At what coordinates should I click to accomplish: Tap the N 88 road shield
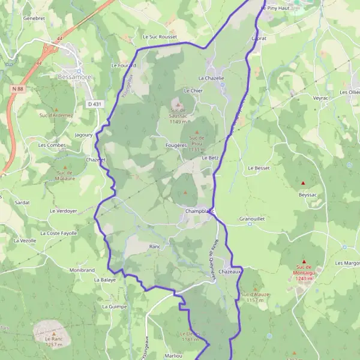point(18,89)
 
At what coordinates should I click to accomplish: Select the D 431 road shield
point(94,104)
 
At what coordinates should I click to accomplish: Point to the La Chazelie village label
point(211,78)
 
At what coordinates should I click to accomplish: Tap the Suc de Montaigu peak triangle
point(304,261)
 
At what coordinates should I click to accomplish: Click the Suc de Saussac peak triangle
point(177,104)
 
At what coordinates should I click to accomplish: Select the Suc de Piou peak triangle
point(197,131)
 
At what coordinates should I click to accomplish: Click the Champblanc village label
point(200,211)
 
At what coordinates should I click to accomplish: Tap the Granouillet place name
point(251,219)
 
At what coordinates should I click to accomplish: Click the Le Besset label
point(259,169)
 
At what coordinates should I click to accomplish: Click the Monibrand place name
point(82,271)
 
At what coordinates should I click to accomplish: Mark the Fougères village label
point(176,145)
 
